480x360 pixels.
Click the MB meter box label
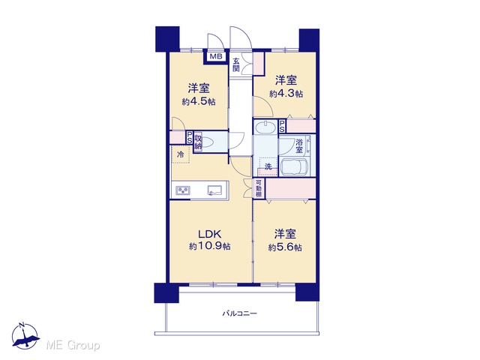coord(216,57)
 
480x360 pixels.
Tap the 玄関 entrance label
coord(235,64)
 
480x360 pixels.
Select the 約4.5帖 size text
coord(199,101)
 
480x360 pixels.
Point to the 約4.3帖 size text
coord(286,93)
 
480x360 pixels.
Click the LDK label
coord(209,234)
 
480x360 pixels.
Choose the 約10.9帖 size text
coord(210,246)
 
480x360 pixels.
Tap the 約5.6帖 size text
coord(285,247)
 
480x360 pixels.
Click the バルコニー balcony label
coord(240,313)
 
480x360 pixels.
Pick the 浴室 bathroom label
coord(299,145)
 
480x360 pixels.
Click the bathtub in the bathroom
coord(294,166)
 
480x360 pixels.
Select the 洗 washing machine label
coord(268,166)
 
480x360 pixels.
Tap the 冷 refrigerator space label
coord(181,154)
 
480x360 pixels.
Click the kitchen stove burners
coord(183,190)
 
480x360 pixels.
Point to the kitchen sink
coord(215,190)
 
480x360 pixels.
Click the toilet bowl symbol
coord(208,142)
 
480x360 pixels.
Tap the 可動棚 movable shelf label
coord(259,188)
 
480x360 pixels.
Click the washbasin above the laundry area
coord(265,127)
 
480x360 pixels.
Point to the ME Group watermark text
coord(73,345)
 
